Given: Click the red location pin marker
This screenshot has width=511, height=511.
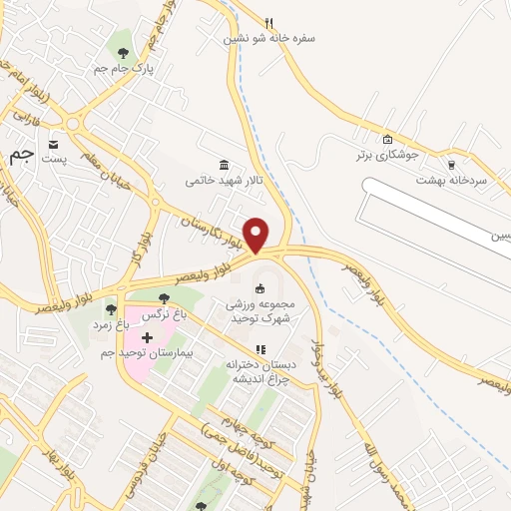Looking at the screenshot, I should [256, 234].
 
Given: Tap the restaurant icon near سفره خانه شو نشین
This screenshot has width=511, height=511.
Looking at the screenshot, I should [268, 22].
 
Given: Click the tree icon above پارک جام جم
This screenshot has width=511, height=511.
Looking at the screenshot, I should [123, 52].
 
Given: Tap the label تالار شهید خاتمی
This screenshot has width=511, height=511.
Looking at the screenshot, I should [222, 181].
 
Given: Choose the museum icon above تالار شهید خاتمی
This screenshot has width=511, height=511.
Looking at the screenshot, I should [223, 165].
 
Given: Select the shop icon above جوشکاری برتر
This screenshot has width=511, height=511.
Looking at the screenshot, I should [388, 140].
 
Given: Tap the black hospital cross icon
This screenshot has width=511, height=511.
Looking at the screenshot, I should [148, 337].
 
